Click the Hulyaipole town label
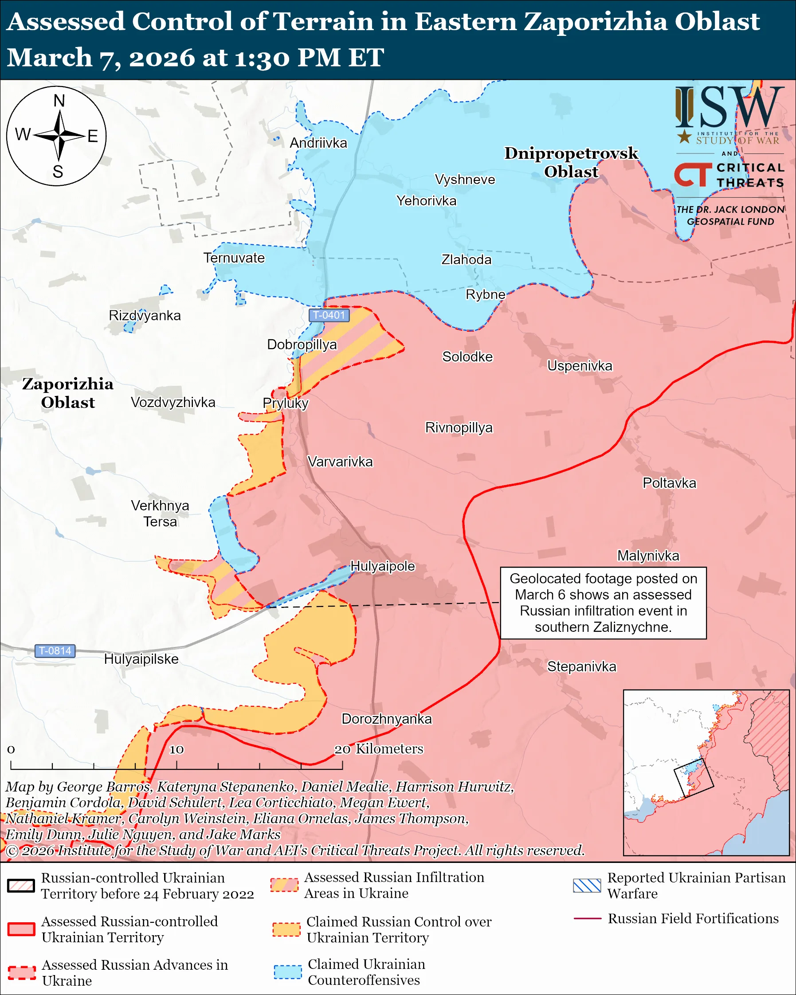(x=383, y=566)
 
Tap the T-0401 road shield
(x=329, y=315)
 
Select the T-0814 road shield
(x=55, y=651)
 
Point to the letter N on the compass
(x=59, y=101)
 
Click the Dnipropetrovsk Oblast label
(x=571, y=162)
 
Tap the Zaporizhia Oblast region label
(x=68, y=393)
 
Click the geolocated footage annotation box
(x=603, y=603)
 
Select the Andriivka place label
(x=318, y=143)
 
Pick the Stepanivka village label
(x=581, y=666)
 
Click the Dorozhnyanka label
(x=386, y=719)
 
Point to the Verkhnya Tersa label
(x=160, y=513)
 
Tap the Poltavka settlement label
(x=669, y=483)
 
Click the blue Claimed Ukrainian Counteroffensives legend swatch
(x=287, y=971)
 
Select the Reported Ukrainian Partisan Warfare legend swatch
(x=587, y=885)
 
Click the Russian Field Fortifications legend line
(x=587, y=918)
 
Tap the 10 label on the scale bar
(x=176, y=749)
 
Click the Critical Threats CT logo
(x=693, y=175)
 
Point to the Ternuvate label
(x=234, y=258)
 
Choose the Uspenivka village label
(x=580, y=365)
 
